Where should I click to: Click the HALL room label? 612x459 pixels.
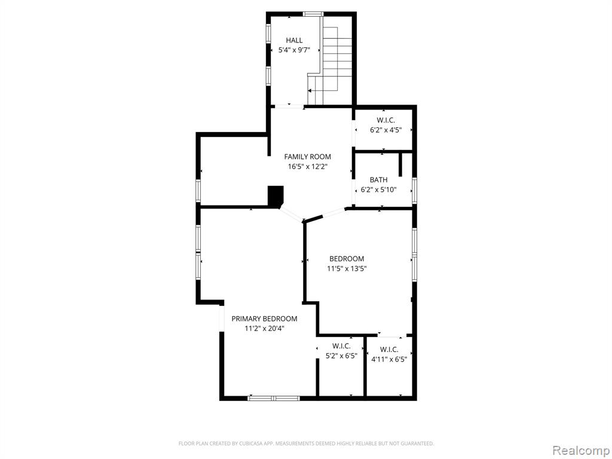[x=294, y=40]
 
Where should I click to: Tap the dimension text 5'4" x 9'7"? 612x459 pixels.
[x=294, y=50]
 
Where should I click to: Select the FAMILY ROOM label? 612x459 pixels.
[x=307, y=157]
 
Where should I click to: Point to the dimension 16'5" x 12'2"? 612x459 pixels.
[x=307, y=167]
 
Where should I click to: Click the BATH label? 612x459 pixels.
[x=378, y=180]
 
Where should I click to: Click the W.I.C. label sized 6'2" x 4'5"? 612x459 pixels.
[x=385, y=120]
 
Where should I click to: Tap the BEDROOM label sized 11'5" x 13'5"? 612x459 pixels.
[x=347, y=259]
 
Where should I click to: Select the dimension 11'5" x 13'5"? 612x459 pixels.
[x=347, y=268]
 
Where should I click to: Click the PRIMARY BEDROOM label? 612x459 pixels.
[x=264, y=319]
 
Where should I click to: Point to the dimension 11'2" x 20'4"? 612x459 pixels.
[x=264, y=329]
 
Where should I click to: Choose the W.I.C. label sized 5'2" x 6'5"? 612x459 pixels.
[x=341, y=346]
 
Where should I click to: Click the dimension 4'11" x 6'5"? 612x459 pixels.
[x=389, y=359]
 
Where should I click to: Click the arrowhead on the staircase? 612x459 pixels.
[x=310, y=91]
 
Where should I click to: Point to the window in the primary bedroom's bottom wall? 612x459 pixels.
[x=274, y=398]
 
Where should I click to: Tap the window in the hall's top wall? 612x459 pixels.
[x=313, y=14]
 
